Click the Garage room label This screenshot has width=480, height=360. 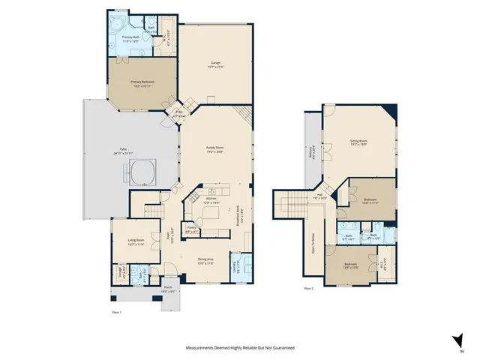click(216, 64)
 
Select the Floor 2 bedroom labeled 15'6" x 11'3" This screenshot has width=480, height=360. click(370, 199)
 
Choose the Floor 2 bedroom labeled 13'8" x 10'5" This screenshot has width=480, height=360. click(351, 265)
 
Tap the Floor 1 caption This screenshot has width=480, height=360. click(115, 311)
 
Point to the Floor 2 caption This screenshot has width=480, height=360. click(308, 288)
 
